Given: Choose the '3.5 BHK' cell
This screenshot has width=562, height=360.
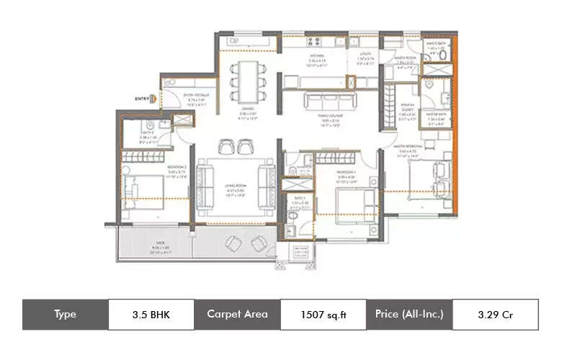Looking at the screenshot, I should point(151,315).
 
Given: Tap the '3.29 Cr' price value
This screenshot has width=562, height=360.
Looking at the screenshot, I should point(494,315).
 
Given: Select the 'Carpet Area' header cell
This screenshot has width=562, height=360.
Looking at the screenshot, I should point(237,315).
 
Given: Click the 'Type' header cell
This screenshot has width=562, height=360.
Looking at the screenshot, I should point(65,315).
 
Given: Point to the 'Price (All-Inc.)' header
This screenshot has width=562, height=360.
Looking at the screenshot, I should point(409,315).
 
